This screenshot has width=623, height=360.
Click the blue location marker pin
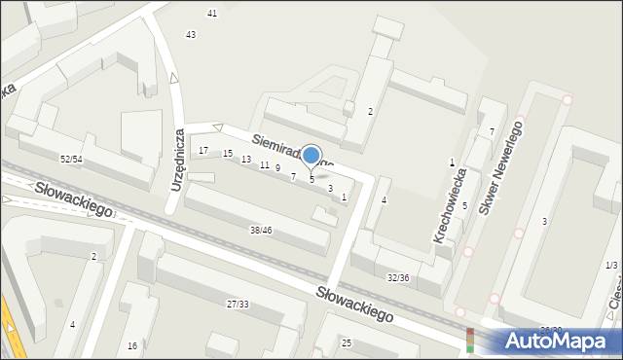coord(311,156)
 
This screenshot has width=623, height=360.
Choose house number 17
coord(203,151)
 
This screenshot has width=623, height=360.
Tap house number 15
coord(228,155)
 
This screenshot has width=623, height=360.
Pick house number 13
coord(246,160)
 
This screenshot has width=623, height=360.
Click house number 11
coord(264,165)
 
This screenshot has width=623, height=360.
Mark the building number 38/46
coord(261,231)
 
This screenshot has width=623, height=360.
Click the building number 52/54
coord(70,159)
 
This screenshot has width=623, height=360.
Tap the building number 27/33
coord(238,305)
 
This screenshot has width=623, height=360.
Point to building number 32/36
coord(398,277)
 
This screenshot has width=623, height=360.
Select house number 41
coord(212,13)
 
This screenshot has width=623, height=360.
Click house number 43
coord(191,35)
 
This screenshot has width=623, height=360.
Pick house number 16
coord(132,345)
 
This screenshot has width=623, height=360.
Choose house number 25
coord(347,343)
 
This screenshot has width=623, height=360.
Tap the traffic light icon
coord(470,339)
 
